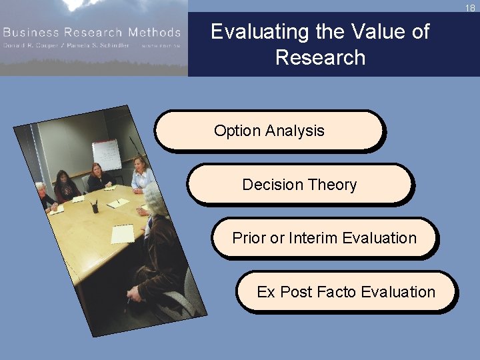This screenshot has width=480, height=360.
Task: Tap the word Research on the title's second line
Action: point(320,58)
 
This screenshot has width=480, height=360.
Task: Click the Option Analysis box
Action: point(269,131)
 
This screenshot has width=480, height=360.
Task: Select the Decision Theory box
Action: point(299,185)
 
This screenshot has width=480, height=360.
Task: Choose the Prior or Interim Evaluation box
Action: point(324,238)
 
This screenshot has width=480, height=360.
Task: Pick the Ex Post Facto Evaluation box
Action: point(346,292)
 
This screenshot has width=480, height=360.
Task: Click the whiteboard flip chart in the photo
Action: point(106,154)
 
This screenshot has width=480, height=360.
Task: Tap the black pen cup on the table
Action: point(95,207)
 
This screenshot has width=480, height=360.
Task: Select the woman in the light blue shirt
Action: point(141,175)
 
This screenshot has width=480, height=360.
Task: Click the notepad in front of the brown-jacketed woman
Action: point(123,234)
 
